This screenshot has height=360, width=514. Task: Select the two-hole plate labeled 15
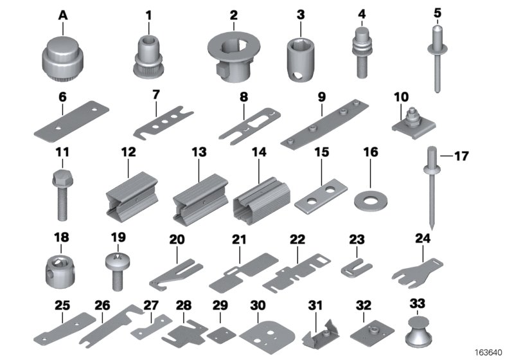tap(320, 197)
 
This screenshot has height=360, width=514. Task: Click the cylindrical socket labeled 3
tap(299, 57)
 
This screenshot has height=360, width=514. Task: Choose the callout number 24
tap(422, 238)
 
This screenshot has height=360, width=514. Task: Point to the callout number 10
tap(401, 96)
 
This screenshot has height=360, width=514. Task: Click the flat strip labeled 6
tap(69, 126)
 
